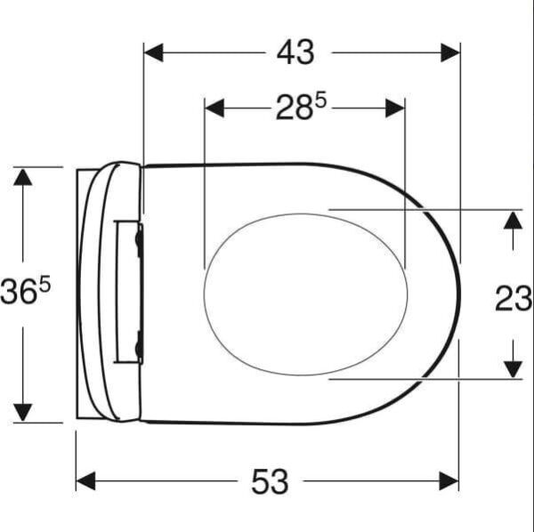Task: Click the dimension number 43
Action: pos(295,52)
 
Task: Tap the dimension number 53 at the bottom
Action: pos(269,481)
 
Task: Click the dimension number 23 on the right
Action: pos(514,299)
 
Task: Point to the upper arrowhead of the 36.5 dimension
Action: pos(23,177)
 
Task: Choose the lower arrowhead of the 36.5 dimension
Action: pos(23,411)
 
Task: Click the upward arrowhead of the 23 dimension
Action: pos(512,220)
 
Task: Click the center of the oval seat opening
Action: pos(305,293)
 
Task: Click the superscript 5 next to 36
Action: pos(44,284)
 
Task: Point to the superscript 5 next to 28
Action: pos(320,101)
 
